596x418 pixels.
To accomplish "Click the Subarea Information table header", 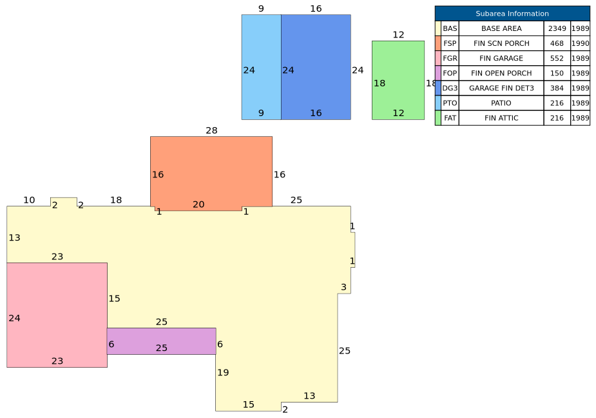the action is tap(512, 14).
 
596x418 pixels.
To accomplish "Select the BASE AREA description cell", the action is tap(501, 28).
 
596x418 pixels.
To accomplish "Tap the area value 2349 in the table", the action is tap(557, 28).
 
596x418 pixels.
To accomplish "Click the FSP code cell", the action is tap(450, 43).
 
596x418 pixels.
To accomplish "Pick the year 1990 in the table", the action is tap(580, 43).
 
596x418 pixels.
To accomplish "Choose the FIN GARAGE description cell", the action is tap(501, 58).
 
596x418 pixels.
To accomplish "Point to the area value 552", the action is tap(557, 58).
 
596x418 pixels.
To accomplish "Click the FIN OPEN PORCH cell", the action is tap(501, 73).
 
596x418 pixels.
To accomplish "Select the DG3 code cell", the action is tap(450, 88).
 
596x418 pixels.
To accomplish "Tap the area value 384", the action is tap(557, 88).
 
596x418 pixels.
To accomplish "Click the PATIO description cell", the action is tap(501, 103).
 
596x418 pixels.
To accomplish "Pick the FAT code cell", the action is tap(450, 117).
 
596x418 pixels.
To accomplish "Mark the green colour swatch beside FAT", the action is tap(438, 117).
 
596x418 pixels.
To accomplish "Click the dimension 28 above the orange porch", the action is tap(211, 130).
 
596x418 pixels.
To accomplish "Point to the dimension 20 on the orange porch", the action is tap(198, 204).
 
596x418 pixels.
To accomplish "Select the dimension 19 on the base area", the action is tap(223, 372).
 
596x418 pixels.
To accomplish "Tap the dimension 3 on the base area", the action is tap(343, 287).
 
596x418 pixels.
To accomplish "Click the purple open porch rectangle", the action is tap(162, 341).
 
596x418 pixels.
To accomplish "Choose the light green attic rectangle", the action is tap(398, 81).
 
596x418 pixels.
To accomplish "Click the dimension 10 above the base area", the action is tap(29, 200).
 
